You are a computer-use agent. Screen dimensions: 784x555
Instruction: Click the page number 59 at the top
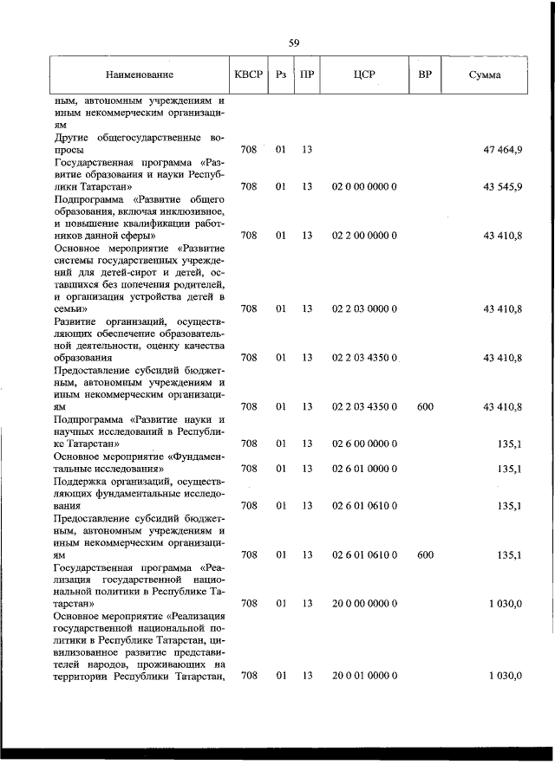[x=294, y=42]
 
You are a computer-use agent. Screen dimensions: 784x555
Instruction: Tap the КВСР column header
[x=248, y=75]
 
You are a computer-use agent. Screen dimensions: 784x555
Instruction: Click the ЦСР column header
[x=363, y=75]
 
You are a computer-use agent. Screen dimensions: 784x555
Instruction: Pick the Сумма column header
[x=484, y=75]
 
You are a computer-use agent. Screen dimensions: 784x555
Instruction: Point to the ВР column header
[x=424, y=75]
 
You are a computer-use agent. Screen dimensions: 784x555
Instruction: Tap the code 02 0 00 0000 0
[x=364, y=186]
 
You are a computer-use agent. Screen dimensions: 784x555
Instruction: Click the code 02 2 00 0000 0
[x=364, y=235]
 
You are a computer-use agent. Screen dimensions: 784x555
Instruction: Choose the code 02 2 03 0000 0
[x=364, y=308]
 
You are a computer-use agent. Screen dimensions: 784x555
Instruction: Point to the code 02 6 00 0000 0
[x=364, y=444]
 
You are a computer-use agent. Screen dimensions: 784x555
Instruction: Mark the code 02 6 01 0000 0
[x=364, y=469]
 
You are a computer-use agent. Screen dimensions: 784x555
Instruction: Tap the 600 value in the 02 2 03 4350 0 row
[x=425, y=406]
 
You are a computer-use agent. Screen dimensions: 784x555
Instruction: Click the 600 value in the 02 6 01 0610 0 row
[x=425, y=554]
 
